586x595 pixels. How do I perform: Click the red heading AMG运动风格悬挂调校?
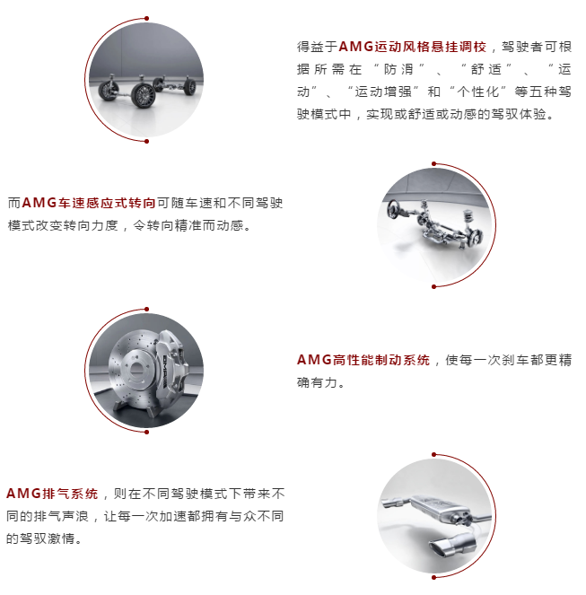[412, 47]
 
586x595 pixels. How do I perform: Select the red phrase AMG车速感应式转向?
[89, 203]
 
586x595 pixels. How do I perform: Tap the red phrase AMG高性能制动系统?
[363, 360]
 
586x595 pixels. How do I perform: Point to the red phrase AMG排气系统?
[52, 494]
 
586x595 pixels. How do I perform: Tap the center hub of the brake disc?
[136, 369]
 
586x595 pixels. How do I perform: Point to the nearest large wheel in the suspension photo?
[144, 95]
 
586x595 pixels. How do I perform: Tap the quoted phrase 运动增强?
[383, 92]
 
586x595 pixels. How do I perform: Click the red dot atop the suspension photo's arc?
[147, 18]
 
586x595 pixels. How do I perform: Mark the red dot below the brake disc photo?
[147, 432]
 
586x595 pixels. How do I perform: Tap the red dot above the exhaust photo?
[433, 455]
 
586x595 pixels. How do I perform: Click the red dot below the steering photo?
[433, 286]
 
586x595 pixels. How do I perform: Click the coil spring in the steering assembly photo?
[469, 219]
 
